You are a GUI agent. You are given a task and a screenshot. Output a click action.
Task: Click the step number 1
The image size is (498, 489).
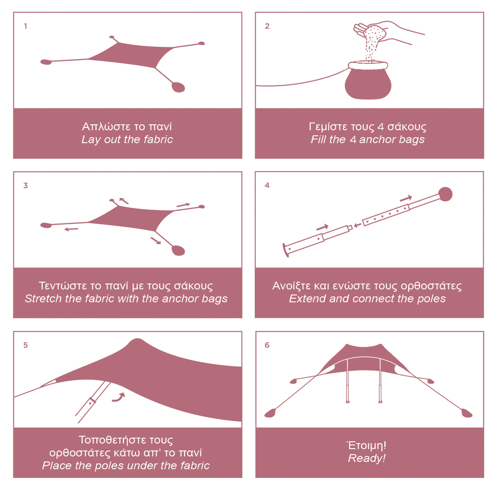(x=25, y=26)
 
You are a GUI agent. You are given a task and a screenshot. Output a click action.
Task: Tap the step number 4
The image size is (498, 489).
(x=267, y=185)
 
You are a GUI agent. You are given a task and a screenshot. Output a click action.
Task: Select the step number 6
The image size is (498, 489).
(x=267, y=345)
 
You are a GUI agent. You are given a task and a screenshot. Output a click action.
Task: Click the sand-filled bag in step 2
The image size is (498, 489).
(x=368, y=81)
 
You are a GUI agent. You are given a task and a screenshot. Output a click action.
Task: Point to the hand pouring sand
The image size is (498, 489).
(x=387, y=32)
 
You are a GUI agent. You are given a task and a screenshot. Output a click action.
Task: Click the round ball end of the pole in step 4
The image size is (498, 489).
(x=445, y=194)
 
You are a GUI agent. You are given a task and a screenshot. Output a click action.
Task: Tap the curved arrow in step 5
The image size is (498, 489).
(x=118, y=398)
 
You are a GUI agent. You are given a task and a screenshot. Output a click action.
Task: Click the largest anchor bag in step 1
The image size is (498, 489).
(x=178, y=87)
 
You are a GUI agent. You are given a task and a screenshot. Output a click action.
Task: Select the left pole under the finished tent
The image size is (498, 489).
(x=348, y=381)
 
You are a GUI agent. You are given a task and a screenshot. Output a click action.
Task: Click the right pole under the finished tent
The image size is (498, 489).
(x=380, y=381)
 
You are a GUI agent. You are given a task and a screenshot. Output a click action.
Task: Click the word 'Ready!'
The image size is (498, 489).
(x=367, y=458)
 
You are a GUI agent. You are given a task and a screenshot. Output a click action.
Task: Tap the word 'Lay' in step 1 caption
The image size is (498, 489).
(x=89, y=139)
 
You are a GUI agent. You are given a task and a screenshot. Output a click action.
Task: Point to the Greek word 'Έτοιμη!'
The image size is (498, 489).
(x=367, y=445)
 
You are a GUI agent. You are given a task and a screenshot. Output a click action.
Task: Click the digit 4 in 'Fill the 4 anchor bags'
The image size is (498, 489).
(x=353, y=139)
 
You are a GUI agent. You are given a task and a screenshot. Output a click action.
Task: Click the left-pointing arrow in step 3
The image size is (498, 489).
(x=71, y=229)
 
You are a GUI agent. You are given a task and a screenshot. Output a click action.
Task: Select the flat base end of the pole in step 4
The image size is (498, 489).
(x=286, y=250)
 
